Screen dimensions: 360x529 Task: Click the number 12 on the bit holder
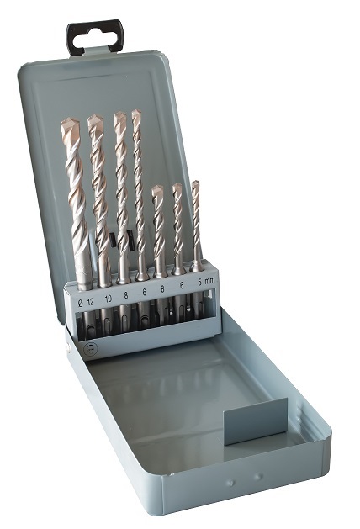point(91,302)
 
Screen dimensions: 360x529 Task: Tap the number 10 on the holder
point(109,299)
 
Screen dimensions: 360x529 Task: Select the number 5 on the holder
point(199,283)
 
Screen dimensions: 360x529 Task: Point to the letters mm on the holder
point(210,280)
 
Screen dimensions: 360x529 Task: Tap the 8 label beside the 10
point(126,295)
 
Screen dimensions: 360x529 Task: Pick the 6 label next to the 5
point(182,285)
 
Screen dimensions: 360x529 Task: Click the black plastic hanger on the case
point(94,36)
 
